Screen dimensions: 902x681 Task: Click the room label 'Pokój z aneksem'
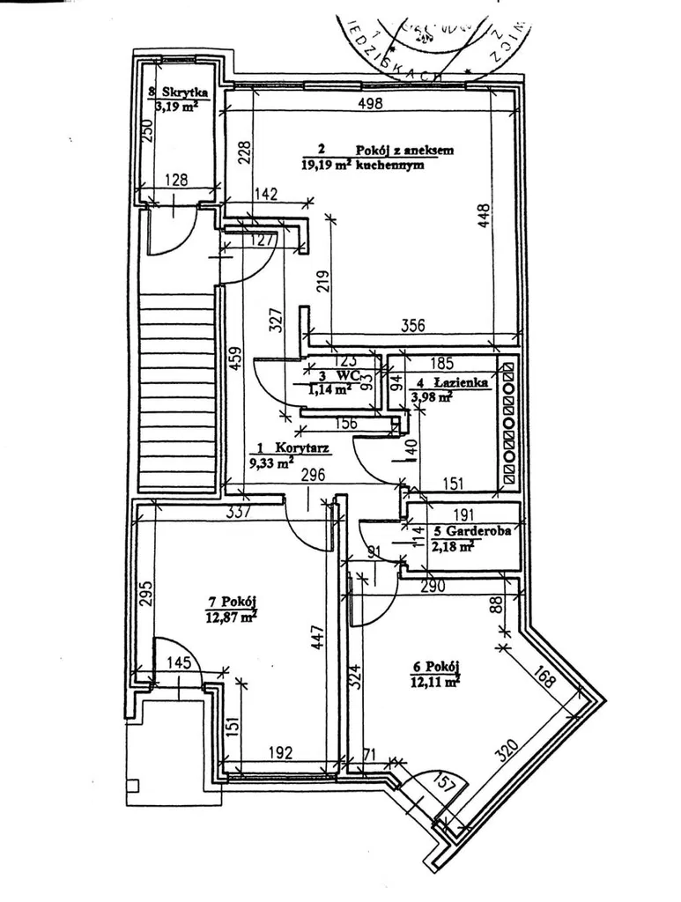click(x=405, y=150)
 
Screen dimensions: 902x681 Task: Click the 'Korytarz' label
click(x=301, y=447)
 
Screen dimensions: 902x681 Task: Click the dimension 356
click(x=411, y=325)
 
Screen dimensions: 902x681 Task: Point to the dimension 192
click(x=279, y=753)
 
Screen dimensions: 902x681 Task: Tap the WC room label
click(x=337, y=373)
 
